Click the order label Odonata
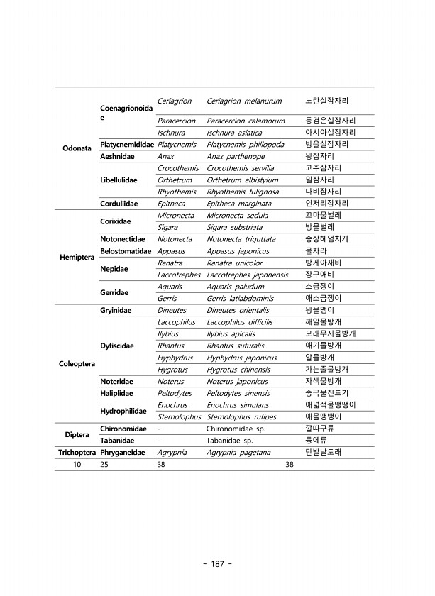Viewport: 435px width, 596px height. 76,149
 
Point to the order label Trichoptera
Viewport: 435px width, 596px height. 76,452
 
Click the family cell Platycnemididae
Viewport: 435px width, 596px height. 127,144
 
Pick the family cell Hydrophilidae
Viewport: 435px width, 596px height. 123,411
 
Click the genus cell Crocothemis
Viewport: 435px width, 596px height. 177,168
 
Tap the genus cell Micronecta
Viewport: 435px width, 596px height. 176,215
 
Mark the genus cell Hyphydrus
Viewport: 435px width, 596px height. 177,358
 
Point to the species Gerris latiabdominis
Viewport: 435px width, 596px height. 245,298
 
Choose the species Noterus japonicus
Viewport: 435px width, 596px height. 237,381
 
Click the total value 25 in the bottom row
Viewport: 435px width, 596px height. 104,465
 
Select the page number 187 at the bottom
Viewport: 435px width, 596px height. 217,564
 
